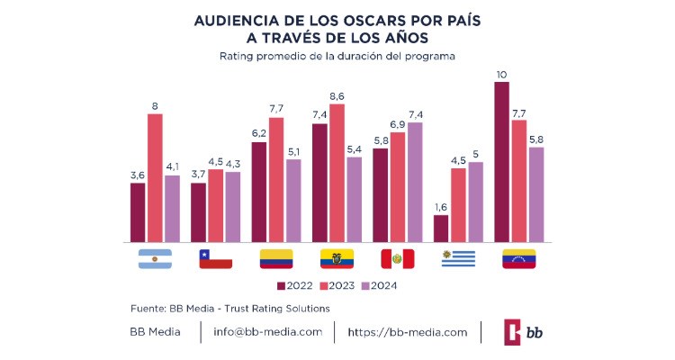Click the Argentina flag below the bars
[x=155, y=259]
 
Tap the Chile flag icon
[x=216, y=259]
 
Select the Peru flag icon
[x=397, y=259]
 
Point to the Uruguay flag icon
[x=458, y=259]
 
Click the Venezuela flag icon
[x=518, y=259]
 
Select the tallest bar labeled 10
[x=501, y=162]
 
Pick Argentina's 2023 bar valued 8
[x=155, y=178]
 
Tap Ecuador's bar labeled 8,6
[x=337, y=173]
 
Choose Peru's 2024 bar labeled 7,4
[x=415, y=183]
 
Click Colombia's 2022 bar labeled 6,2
[x=259, y=192]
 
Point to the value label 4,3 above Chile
[x=233, y=164]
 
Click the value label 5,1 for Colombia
[x=293, y=152]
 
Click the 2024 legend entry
[x=378, y=286]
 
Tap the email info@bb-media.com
[x=267, y=332]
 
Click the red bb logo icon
[x=515, y=332]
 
